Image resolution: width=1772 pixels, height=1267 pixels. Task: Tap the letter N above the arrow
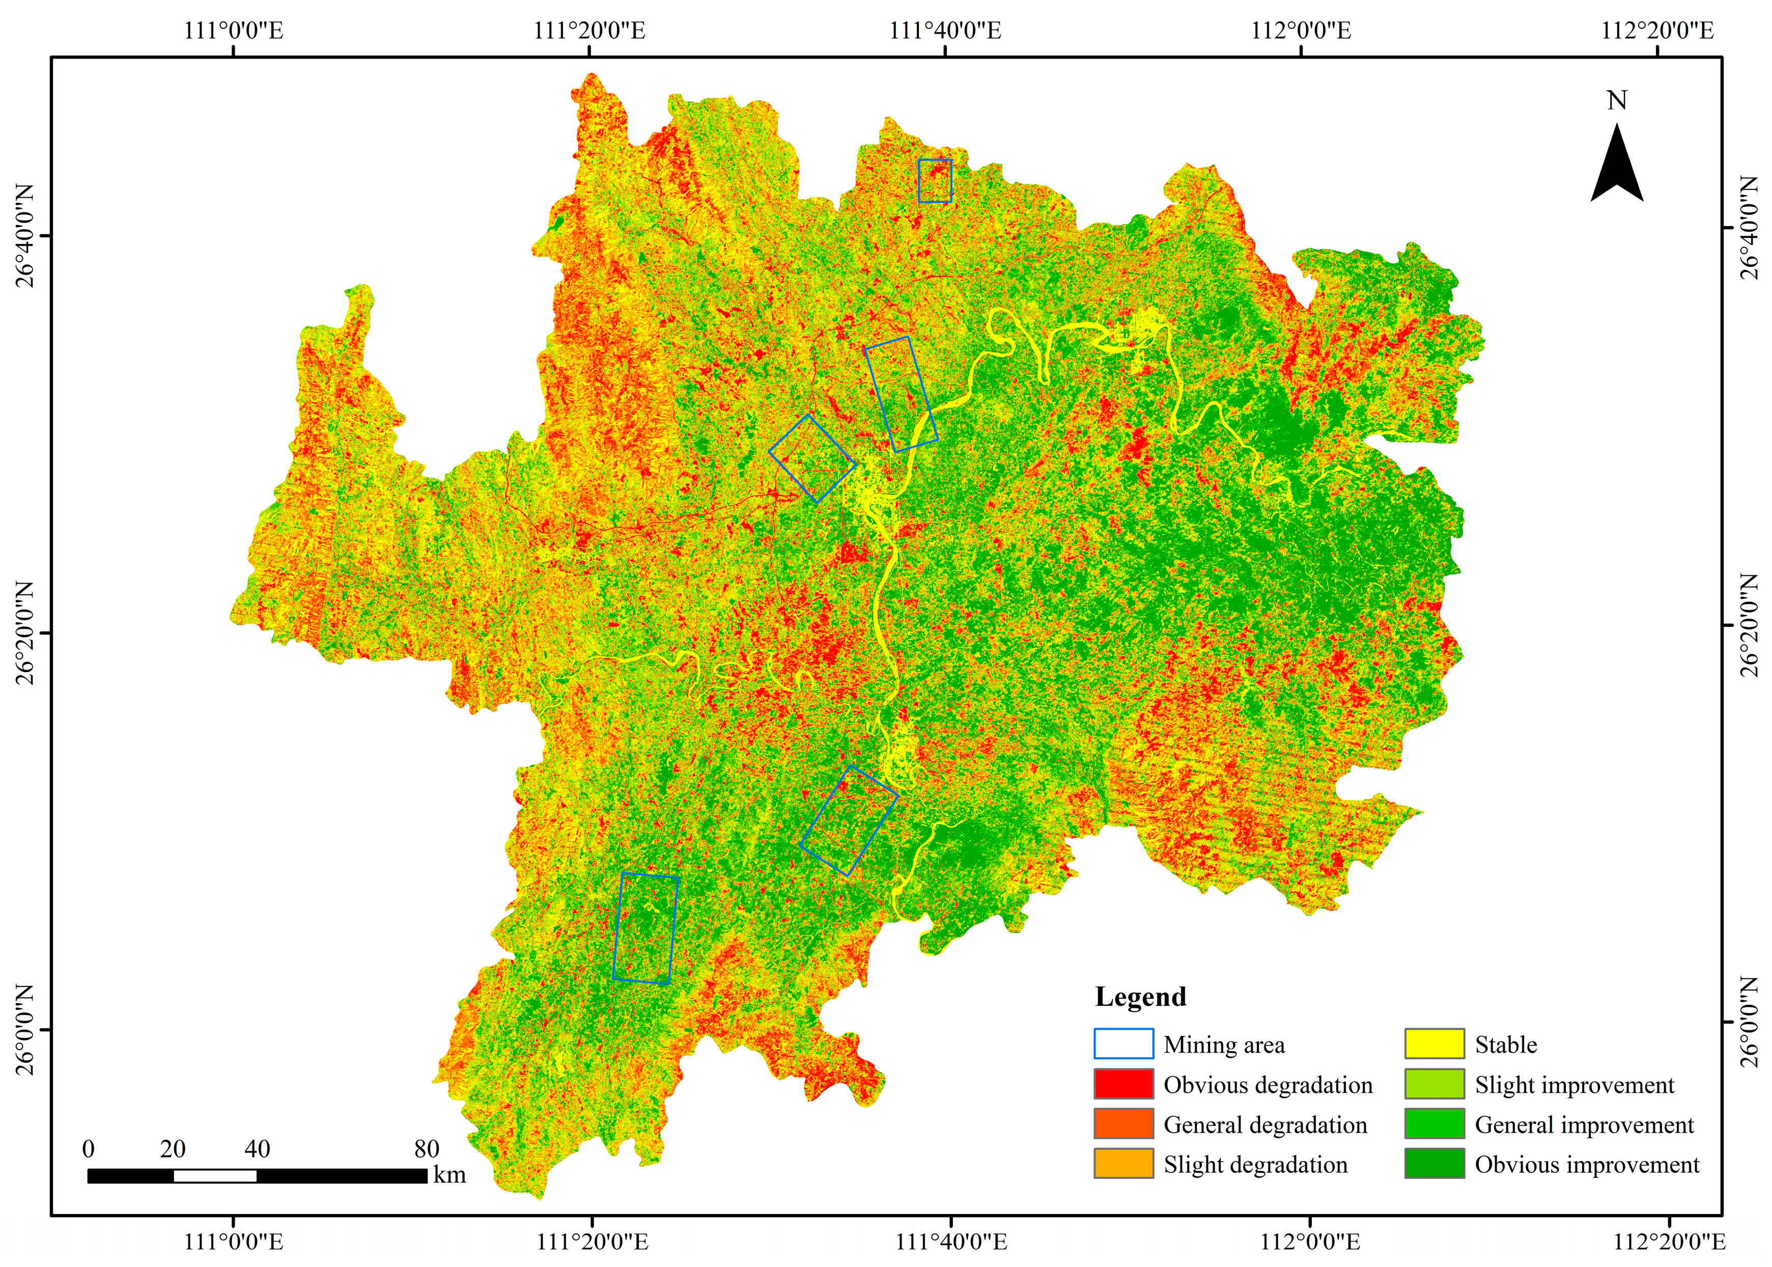click(x=1617, y=101)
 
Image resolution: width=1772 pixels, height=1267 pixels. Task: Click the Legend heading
click(x=1140, y=997)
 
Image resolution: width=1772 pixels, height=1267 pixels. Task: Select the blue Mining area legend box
click(x=1123, y=1044)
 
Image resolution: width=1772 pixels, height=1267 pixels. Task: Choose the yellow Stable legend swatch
click(x=1435, y=1044)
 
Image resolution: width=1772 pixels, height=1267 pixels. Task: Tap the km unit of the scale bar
click(x=450, y=1175)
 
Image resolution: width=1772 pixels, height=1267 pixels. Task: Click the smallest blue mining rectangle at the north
click(x=935, y=181)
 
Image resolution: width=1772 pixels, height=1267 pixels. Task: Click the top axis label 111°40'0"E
click(x=945, y=31)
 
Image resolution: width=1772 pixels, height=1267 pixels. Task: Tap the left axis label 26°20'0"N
click(x=26, y=632)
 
